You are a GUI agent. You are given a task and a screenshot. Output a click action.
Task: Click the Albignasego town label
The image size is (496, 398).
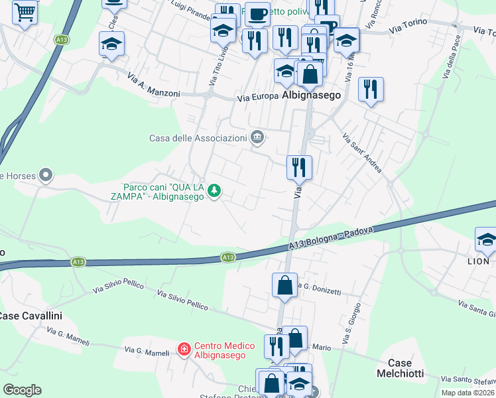[311, 96]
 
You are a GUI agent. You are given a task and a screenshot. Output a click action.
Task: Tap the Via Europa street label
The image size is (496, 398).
[257, 99]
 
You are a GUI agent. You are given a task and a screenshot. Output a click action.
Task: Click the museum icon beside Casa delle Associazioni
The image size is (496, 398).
[257, 138]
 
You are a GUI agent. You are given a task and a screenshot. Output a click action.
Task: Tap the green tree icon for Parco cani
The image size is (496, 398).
[214, 192]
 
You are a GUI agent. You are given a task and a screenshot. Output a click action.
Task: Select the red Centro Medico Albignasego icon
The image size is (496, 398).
[184, 348]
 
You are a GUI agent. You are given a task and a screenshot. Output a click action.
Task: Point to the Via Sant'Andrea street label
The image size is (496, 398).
[362, 153]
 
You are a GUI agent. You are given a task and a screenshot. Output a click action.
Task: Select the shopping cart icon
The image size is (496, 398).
[25, 11]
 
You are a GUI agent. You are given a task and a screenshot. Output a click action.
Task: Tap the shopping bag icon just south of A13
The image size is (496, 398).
[284, 285]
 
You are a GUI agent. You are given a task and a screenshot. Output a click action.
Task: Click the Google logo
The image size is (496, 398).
[22, 390]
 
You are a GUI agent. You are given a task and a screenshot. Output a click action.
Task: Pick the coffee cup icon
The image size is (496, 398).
[257, 13]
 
